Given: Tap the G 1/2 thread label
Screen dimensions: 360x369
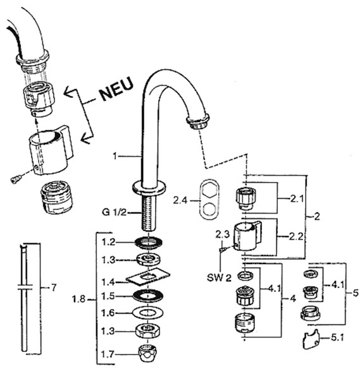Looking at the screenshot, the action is [114, 212].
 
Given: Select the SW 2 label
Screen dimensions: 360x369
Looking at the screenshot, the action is [219, 278].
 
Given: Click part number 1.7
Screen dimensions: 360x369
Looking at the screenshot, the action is [108, 354].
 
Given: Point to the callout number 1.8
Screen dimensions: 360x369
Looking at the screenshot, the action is [78, 299].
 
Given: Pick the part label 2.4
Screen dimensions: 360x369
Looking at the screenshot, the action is [180, 200].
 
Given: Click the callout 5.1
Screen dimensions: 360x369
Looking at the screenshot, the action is [337, 337].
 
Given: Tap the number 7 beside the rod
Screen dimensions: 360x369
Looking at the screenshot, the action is [54, 287].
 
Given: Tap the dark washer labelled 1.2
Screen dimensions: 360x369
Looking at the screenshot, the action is [149, 243].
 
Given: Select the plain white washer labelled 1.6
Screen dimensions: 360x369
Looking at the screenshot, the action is [148, 313].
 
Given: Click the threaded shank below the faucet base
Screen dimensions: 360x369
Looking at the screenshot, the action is [149, 212].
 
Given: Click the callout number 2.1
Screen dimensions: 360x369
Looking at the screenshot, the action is [297, 199].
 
